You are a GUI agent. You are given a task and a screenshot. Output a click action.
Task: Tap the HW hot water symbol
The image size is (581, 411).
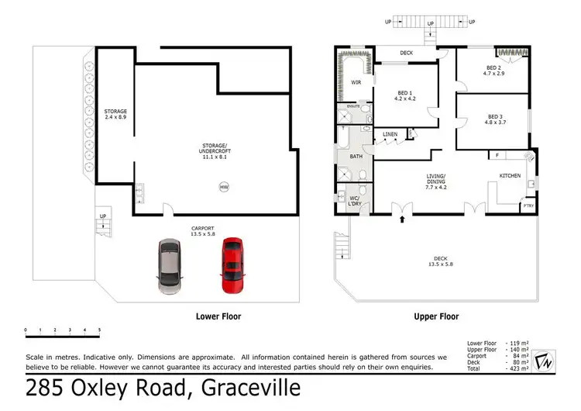point(224,187)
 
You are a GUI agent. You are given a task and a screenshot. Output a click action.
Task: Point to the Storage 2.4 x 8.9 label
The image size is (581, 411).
point(115,115)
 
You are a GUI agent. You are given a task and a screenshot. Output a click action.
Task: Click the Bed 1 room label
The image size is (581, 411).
point(406,95)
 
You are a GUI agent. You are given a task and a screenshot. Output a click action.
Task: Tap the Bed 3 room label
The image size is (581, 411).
point(493,118)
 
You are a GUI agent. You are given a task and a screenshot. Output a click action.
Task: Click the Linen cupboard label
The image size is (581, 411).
point(390,135)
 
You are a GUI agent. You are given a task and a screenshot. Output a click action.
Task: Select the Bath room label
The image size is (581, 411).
point(356,156)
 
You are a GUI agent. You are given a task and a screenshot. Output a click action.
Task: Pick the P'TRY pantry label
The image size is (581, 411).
point(528,205)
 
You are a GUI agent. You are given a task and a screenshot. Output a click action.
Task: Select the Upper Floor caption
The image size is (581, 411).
point(435,316)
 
